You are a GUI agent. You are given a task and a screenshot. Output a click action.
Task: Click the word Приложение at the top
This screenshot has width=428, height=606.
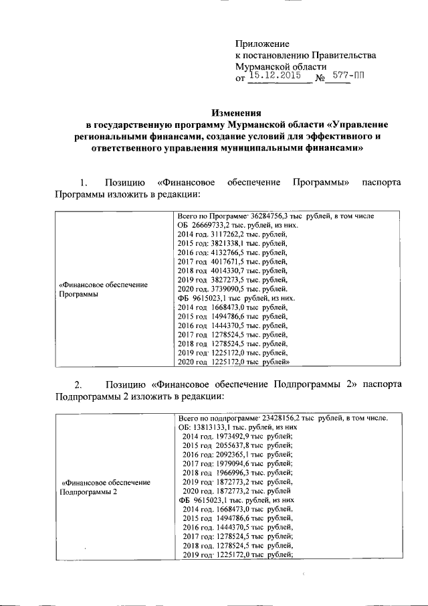pyautogui.click(x=261, y=44)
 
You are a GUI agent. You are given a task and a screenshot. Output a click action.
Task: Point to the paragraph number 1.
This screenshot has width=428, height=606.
pyautogui.click(x=83, y=183)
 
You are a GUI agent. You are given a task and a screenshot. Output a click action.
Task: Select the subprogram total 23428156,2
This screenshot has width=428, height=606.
pyautogui.click(x=275, y=418)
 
